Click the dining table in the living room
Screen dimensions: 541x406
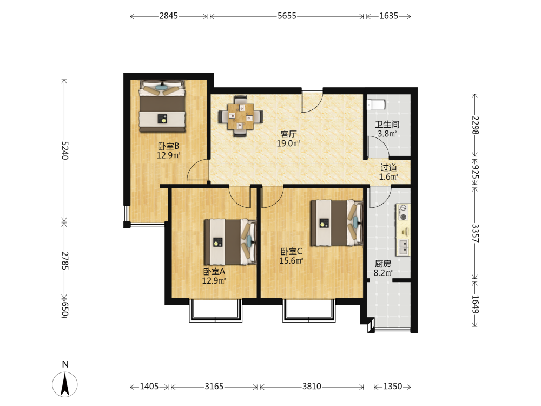(x=241, y=116)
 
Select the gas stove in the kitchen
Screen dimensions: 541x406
(x=403, y=212)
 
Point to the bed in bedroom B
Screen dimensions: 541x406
(x=162, y=106)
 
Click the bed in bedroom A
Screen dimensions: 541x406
(x=230, y=242)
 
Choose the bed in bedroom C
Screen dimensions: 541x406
(x=337, y=223)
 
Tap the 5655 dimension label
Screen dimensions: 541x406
(x=287, y=16)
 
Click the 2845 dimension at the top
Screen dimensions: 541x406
(x=168, y=16)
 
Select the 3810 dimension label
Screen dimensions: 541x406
(x=312, y=387)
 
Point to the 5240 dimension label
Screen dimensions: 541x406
(x=65, y=150)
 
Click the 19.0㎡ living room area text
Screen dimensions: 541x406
(x=289, y=143)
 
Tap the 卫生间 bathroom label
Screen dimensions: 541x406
(x=387, y=125)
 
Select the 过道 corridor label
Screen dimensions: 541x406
(x=389, y=167)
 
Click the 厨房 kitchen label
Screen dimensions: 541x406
(x=383, y=264)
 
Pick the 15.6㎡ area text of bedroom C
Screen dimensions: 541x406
(x=291, y=261)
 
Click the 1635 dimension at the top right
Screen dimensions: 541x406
(x=389, y=16)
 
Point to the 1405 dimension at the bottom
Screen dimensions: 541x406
(x=149, y=387)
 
